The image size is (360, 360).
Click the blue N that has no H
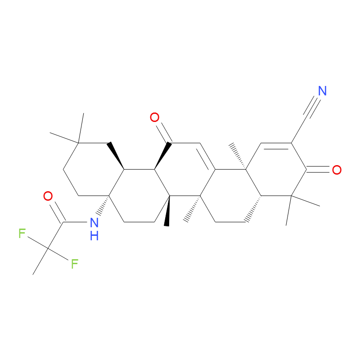click(x=322, y=91)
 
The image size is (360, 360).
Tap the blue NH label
click(x=94, y=229)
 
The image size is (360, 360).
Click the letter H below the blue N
click(x=94, y=235)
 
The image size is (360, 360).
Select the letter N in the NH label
click(x=94, y=222)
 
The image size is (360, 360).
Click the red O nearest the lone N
click(x=337, y=170)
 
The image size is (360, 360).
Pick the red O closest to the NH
click(x=48, y=196)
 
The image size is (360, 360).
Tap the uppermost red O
click(x=154, y=117)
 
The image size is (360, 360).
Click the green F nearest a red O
click(x=22, y=234)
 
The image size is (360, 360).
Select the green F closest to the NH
click(x=75, y=264)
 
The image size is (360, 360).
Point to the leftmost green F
click(x=22, y=234)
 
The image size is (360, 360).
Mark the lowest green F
click(x=75, y=264)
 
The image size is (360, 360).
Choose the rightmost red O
click(x=337, y=170)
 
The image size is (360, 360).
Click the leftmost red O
click(x=48, y=196)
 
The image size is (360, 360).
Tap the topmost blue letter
click(x=322, y=91)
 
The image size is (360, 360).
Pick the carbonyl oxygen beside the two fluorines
click(x=48, y=196)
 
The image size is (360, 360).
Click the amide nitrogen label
click(x=94, y=222)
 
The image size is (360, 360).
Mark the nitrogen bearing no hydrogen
click(x=322, y=91)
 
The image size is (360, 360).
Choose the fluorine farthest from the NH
click(x=22, y=234)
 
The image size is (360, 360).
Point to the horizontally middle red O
click(x=154, y=117)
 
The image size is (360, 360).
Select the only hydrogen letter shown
click(x=94, y=235)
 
